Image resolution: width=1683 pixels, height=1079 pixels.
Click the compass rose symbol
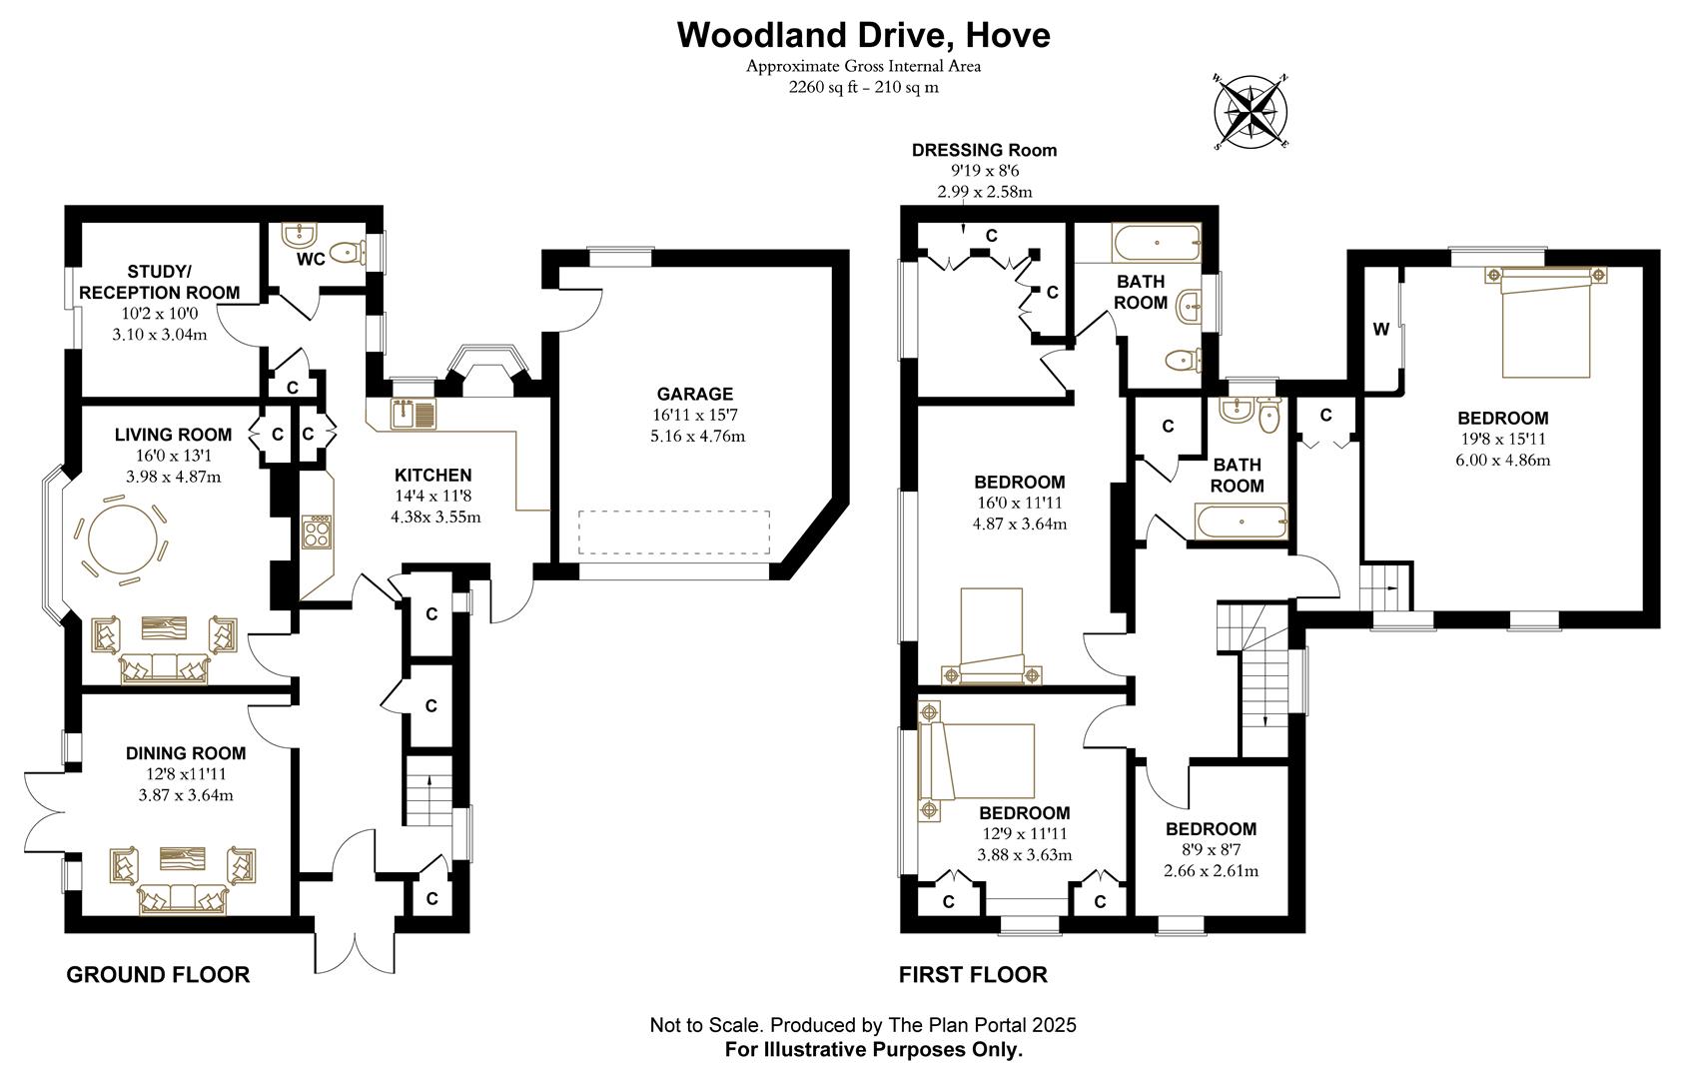1252,110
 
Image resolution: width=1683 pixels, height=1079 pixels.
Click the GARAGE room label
694,394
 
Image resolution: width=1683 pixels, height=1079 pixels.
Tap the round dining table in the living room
122,540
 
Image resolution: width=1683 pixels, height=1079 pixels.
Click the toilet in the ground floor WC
344,254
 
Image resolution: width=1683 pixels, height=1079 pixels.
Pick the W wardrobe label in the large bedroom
1381,329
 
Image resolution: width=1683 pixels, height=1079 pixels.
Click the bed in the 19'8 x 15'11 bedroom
1544,322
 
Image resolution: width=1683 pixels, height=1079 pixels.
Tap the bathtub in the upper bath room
1156,241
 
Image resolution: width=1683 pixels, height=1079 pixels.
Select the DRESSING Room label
983,150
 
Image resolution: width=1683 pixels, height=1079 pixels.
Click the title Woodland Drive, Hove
863,35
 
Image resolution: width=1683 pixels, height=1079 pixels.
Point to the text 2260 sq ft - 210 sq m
863,87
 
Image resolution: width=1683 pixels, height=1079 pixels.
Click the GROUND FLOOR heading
158,974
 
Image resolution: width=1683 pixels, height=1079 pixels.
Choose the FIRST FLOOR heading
973,974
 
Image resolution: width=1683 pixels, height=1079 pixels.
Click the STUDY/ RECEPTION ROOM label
159,282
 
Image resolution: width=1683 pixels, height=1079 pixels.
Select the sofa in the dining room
182,898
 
